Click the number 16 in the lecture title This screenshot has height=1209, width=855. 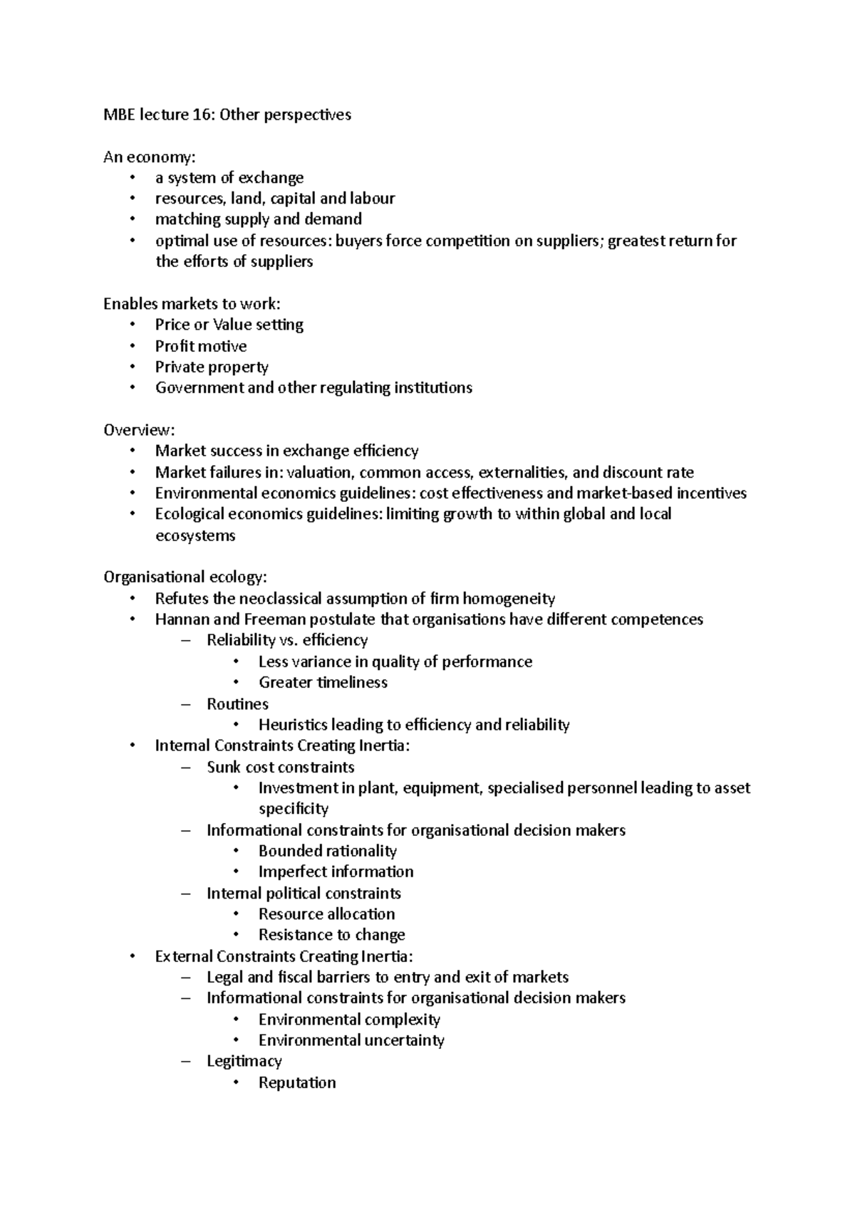(x=202, y=115)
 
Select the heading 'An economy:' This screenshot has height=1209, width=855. (x=149, y=157)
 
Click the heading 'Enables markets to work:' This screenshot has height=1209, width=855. (x=192, y=304)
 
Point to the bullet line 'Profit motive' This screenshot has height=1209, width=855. (x=201, y=347)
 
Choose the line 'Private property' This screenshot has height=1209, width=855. (x=212, y=367)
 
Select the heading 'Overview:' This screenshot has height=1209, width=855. (x=139, y=430)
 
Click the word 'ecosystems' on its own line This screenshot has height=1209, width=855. (x=195, y=535)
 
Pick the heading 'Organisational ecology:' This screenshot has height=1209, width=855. (x=185, y=577)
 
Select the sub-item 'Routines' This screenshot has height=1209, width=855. (x=237, y=704)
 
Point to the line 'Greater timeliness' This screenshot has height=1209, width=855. (x=323, y=683)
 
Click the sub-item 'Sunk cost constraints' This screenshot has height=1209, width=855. (x=280, y=768)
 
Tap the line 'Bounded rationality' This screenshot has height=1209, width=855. (x=327, y=852)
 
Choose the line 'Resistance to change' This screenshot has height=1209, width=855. (x=331, y=935)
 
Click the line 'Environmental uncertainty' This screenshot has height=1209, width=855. (x=351, y=1040)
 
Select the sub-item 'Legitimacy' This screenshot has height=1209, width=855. (x=244, y=1062)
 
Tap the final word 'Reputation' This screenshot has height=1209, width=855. (x=297, y=1083)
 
